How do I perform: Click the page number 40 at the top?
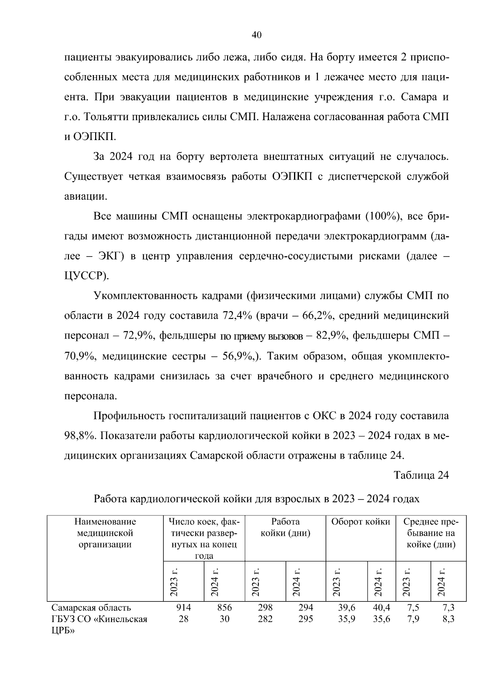[256, 35]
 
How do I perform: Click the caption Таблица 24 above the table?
[421, 475]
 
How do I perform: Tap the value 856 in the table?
[224, 608]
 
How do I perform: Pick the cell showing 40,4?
[381, 608]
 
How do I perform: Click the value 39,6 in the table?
[347, 608]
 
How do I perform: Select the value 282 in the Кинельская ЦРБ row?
[265, 619]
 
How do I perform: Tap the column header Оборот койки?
[361, 522]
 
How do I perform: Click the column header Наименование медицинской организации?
[105, 533]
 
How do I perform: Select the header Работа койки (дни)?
[285, 527]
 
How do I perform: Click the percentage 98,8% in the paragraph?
[80, 436]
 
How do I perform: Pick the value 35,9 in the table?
[347, 619]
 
